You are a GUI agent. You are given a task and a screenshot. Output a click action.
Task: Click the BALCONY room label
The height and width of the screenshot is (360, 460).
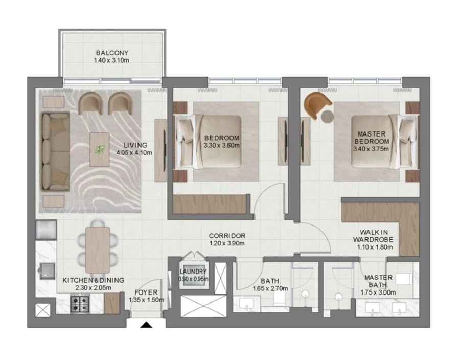click(x=111, y=53)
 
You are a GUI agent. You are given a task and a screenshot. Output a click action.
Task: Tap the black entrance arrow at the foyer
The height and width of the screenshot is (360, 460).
click(x=146, y=325)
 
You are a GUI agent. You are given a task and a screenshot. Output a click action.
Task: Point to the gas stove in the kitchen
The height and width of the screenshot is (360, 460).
click(x=80, y=305)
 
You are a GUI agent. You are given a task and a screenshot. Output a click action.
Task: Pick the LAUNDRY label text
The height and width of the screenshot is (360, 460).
click(x=193, y=272)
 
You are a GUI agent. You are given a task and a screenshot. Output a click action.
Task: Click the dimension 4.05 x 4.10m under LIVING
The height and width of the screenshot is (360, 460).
click(x=134, y=152)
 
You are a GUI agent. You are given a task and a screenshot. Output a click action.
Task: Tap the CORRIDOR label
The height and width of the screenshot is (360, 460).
click(x=227, y=236)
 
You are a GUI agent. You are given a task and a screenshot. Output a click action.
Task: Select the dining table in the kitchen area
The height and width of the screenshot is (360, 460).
click(x=98, y=249)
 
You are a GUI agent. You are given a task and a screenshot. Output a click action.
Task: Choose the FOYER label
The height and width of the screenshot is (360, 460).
click(x=147, y=293)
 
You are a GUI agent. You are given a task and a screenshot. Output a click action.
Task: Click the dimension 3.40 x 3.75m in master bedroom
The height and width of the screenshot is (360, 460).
click(x=371, y=149)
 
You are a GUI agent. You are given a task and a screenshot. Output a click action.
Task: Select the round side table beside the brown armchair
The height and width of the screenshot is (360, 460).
click(x=328, y=117)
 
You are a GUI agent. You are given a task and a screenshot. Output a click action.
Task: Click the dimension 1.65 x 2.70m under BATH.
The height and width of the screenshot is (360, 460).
click(x=270, y=288)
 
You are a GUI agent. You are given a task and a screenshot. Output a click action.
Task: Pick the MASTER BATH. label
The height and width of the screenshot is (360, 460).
click(x=379, y=281)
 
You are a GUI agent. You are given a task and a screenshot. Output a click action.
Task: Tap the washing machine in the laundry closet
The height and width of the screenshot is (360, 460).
click(x=193, y=285)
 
